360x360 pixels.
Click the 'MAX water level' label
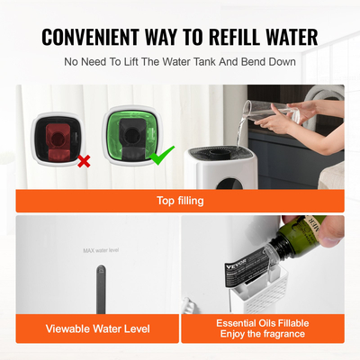tap(101, 249)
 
